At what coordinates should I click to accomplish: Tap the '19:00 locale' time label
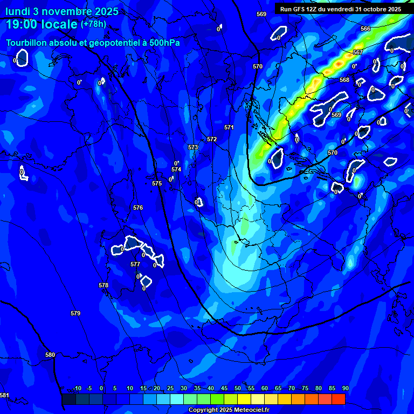[x=42, y=24]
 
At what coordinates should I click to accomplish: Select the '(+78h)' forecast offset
[x=93, y=24]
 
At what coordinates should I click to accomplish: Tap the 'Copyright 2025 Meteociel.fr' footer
[x=229, y=410]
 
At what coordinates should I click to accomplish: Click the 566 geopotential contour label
[x=365, y=29]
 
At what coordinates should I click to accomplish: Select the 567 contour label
[x=357, y=52]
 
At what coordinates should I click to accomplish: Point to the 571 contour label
[x=229, y=127]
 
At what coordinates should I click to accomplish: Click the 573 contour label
[x=193, y=147]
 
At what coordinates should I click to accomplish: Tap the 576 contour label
[x=138, y=208]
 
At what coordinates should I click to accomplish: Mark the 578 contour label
[x=103, y=285]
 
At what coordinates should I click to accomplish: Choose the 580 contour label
[x=50, y=355]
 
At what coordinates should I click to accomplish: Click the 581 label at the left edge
[x=4, y=395]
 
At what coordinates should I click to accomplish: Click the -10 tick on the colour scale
[x=77, y=388]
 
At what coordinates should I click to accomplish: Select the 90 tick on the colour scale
[x=345, y=388]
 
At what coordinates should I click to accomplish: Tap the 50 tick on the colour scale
[x=238, y=388]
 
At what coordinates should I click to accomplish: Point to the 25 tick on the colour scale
[x=170, y=388]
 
